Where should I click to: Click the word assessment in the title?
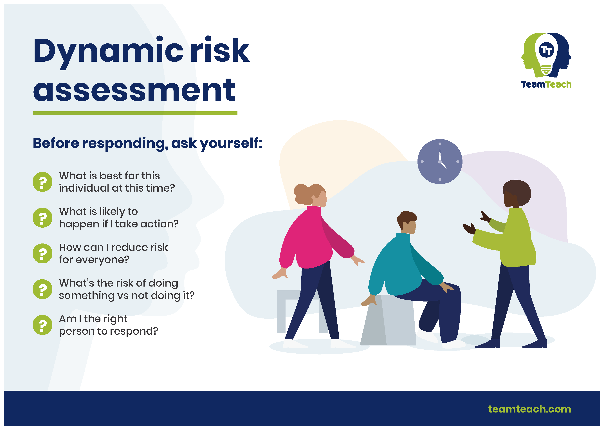pyautogui.click(x=134, y=90)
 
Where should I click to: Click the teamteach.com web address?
pyautogui.click(x=529, y=409)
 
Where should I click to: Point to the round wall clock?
pyautogui.click(x=440, y=161)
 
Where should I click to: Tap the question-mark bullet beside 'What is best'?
pyautogui.click(x=42, y=182)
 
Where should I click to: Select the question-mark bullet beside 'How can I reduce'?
pyautogui.click(x=42, y=253)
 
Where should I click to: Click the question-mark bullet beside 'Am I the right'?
pyautogui.click(x=42, y=325)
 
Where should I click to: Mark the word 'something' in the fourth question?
pyautogui.click(x=86, y=296)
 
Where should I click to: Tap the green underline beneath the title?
pyautogui.click(x=135, y=113)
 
